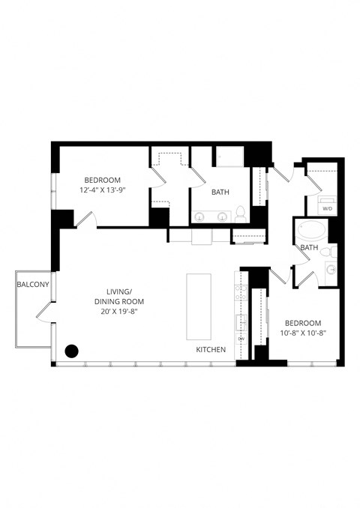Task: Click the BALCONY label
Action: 33,284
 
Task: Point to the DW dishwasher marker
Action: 241,338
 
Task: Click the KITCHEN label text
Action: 211,350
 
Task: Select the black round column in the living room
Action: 72,350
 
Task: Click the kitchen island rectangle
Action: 199,307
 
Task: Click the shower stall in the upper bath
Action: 231,157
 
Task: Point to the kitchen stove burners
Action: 242,294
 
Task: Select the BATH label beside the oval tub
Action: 309,247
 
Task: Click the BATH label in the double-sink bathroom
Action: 220,192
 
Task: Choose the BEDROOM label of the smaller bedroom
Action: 302,323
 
